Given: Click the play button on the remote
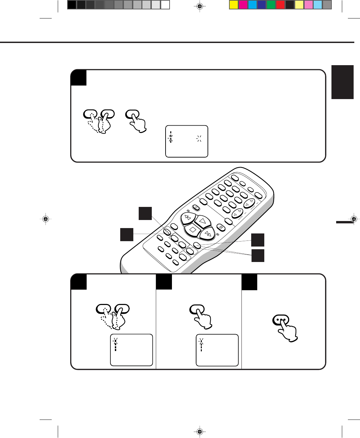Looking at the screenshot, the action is (202, 221).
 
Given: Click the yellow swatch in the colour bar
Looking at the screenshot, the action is (234, 5).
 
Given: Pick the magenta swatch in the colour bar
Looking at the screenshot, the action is (243, 5).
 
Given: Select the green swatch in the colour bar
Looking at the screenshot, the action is (271, 5).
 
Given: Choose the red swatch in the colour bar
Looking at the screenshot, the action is (280, 5).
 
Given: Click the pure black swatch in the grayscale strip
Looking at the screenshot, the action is (72, 5).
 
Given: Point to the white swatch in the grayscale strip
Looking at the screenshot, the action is (165, 5).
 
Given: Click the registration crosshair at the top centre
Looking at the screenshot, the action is (199, 6).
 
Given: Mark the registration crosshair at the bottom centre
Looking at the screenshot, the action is (199, 431).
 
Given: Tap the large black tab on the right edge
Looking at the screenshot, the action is (343, 82).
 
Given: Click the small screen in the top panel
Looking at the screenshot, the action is (187, 141).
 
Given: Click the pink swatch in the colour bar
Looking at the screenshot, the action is (308, 5).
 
